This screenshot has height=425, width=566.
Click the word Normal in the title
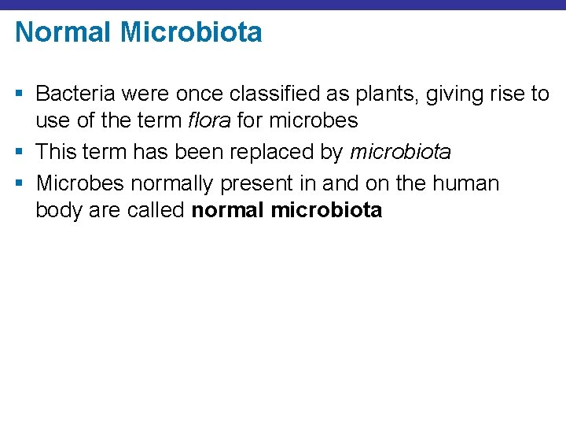[62, 33]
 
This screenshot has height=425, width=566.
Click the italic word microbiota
[401, 150]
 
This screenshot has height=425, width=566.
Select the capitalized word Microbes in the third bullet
[79, 184]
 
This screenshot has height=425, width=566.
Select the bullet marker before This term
[21, 150]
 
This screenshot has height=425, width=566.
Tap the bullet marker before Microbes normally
[21, 184]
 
